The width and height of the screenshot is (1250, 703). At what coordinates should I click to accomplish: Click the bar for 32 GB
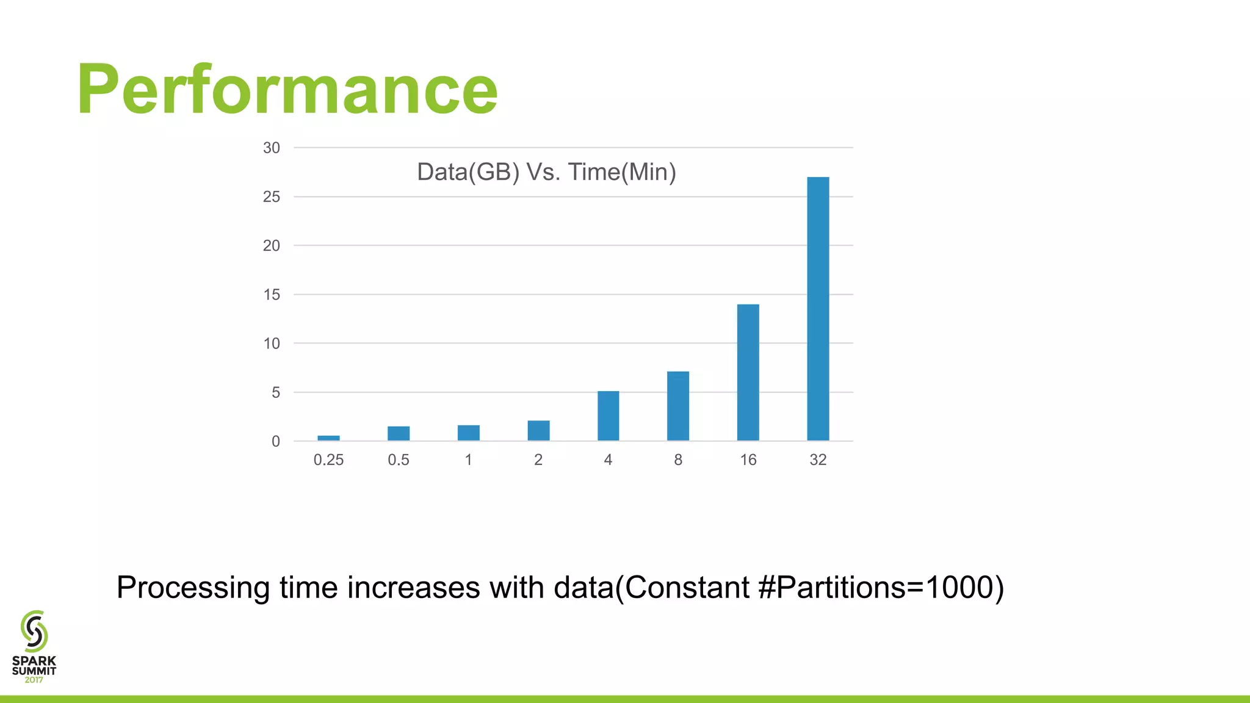[x=818, y=309]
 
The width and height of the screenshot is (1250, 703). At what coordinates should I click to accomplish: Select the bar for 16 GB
[x=748, y=372]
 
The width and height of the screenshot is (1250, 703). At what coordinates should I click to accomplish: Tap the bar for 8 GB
[x=678, y=406]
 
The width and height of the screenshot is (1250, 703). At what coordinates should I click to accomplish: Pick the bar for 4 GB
[x=608, y=416]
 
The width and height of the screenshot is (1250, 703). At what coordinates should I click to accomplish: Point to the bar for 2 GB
[x=538, y=431]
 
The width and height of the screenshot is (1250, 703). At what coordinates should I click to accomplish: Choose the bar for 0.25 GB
[x=328, y=438]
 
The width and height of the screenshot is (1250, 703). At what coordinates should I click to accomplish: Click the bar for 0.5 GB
[x=399, y=433]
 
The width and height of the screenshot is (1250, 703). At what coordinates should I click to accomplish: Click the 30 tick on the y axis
[x=272, y=148]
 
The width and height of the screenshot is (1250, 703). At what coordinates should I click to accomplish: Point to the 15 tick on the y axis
[x=272, y=295]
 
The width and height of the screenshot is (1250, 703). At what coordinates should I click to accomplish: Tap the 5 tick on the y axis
[x=276, y=392]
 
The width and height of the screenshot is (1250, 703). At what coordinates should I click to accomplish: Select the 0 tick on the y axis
[x=276, y=441]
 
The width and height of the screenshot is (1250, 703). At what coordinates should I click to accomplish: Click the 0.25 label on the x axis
[x=328, y=460]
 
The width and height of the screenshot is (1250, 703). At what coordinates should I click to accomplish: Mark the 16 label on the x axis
[x=748, y=460]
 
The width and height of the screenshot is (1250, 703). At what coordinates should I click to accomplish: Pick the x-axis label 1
[x=468, y=460]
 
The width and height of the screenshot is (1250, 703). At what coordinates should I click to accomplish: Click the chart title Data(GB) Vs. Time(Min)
[x=546, y=172]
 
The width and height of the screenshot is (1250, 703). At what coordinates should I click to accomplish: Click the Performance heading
[x=287, y=90]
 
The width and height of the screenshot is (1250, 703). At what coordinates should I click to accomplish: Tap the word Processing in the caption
[x=193, y=588]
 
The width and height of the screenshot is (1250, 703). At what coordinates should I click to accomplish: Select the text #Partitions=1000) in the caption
[x=881, y=588]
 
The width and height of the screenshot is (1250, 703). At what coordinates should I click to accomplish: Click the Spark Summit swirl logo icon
[x=34, y=631]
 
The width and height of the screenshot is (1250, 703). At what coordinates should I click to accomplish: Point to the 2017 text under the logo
[x=34, y=680]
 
